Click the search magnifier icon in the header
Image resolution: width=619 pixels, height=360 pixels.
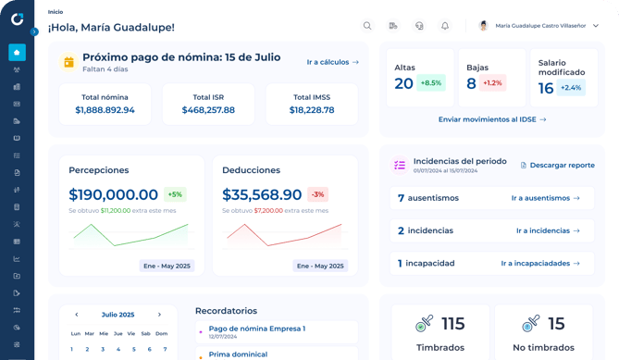click(x=367, y=26)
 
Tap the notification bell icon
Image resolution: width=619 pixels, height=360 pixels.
click(x=444, y=26)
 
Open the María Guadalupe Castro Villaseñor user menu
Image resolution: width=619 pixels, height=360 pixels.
click(x=539, y=26)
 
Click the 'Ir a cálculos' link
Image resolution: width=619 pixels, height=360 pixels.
click(x=332, y=62)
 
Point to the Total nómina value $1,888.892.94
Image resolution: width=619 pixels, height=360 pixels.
click(x=105, y=110)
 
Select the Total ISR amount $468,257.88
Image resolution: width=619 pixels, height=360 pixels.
click(x=208, y=110)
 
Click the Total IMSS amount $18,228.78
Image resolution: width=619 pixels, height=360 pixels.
click(x=312, y=110)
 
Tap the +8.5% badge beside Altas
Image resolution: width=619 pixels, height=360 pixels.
click(x=431, y=83)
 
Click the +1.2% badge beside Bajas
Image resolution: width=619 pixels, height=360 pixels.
click(x=492, y=83)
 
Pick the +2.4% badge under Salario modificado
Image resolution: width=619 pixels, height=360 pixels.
click(x=571, y=88)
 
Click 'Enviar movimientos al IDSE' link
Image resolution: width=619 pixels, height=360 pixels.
click(x=492, y=119)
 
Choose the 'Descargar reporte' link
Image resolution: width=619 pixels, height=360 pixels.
click(x=557, y=165)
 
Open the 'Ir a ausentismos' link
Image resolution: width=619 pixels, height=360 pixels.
click(x=545, y=198)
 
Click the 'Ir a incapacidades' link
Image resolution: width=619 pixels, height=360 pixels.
click(x=540, y=263)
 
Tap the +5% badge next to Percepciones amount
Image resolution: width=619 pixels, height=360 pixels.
click(x=175, y=194)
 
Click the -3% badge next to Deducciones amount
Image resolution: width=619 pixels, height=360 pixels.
click(x=317, y=194)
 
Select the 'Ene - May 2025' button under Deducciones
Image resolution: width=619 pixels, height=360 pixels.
click(x=320, y=266)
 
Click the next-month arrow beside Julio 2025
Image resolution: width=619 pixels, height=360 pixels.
click(x=159, y=315)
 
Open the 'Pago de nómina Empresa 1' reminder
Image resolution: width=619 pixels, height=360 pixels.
click(x=256, y=329)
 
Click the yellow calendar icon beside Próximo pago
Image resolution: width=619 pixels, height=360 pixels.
click(x=68, y=62)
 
